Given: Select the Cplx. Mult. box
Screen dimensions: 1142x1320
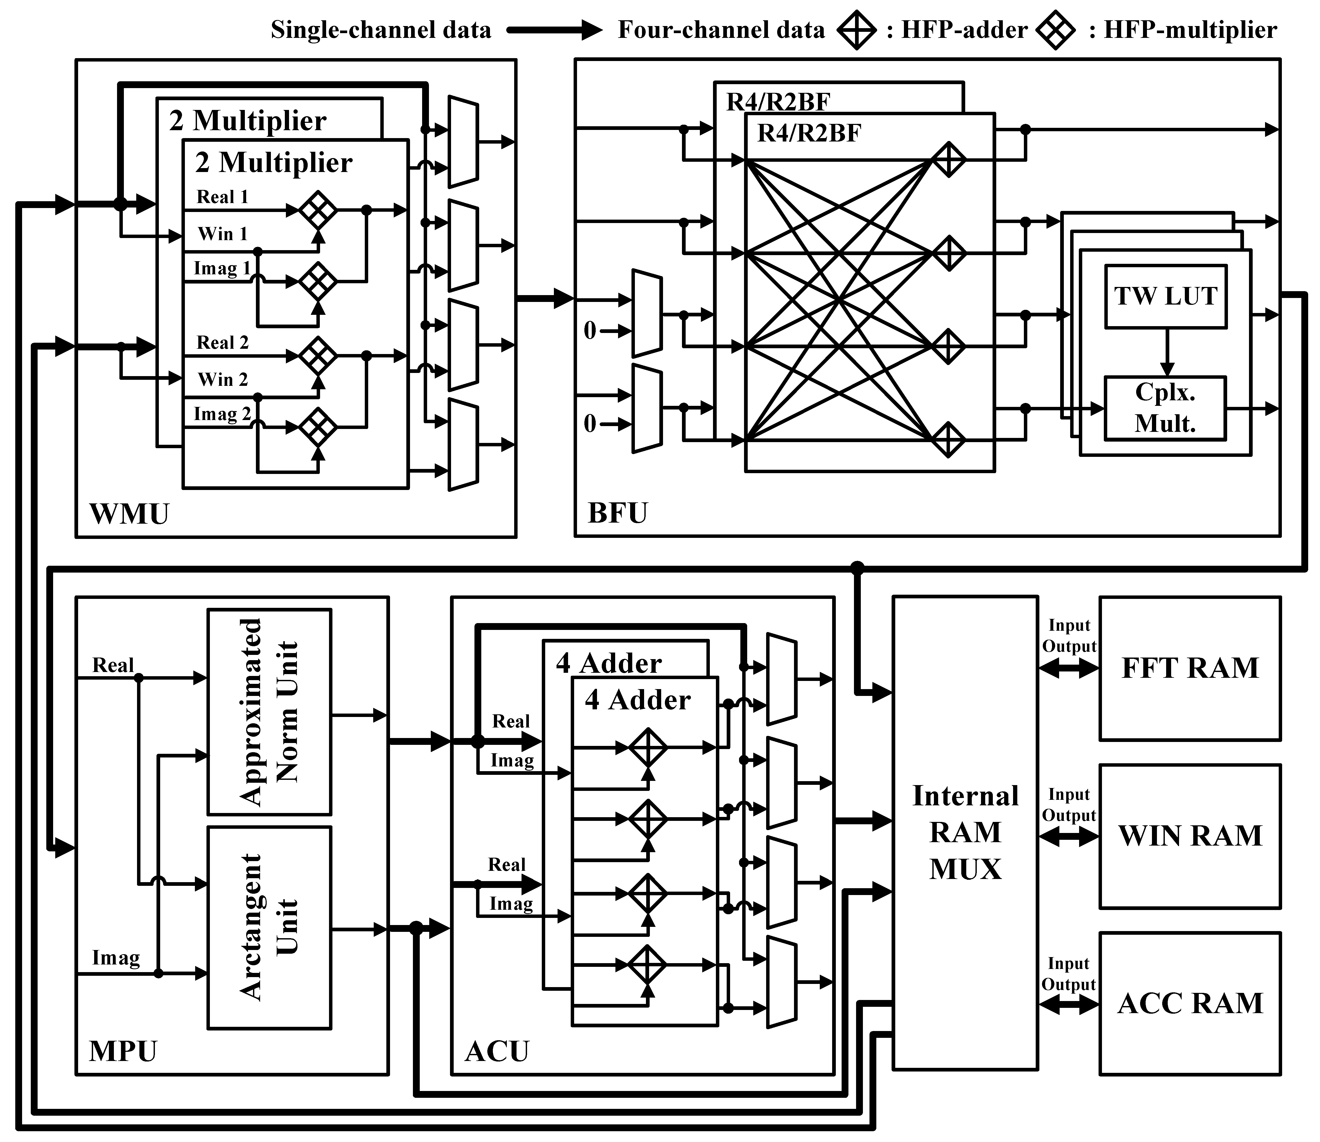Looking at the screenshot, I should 1165,408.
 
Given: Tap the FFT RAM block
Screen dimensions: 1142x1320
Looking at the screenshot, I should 1189,668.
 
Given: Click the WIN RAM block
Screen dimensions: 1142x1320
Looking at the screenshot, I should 1189,836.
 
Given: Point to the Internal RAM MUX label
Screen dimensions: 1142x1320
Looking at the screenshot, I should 965,832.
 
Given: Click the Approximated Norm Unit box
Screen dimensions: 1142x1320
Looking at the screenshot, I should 269,712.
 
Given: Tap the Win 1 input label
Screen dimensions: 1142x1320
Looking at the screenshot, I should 222,234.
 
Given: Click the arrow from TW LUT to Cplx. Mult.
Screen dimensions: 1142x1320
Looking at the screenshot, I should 1166,352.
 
